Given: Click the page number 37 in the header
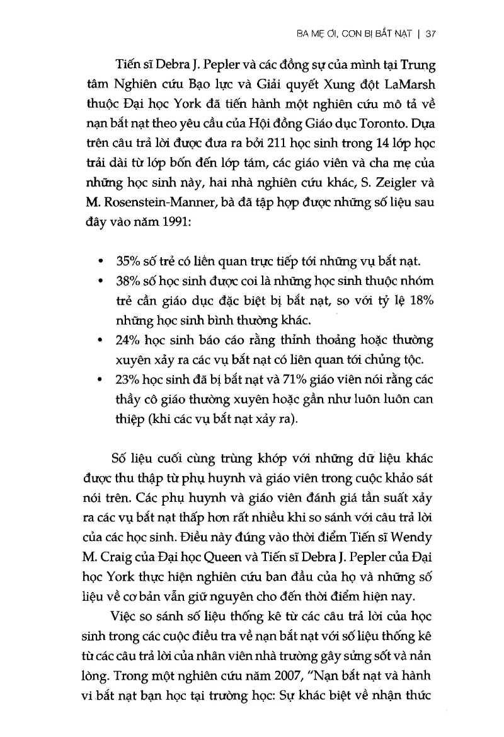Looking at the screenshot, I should [431, 36].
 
